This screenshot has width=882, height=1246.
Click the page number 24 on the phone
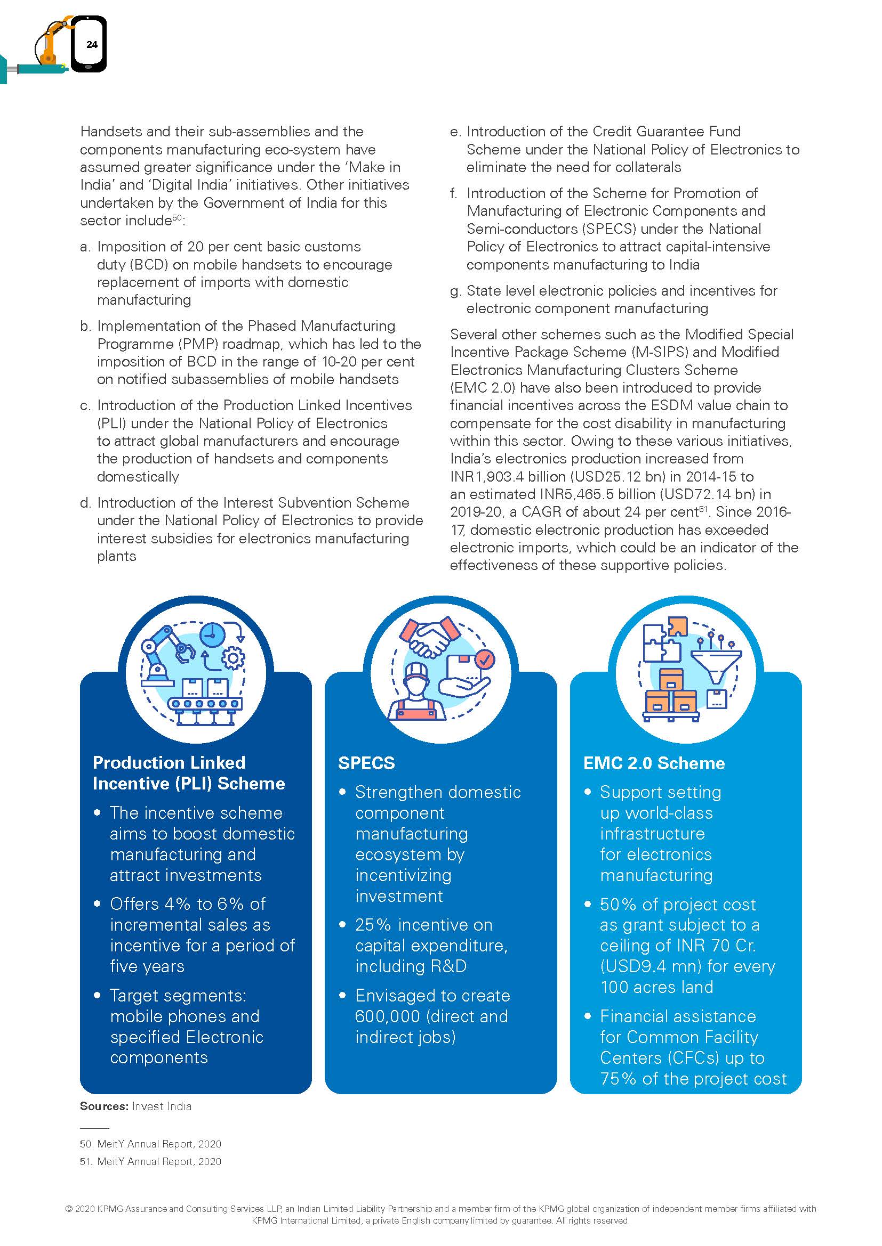tap(92, 45)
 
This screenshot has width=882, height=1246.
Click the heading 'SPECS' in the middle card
tap(366, 763)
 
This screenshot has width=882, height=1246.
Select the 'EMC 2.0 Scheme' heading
tap(653, 763)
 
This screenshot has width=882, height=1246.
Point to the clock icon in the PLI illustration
tap(212, 635)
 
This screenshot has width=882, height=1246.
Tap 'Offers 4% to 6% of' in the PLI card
tap(187, 903)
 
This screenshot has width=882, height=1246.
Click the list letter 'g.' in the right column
tap(455, 291)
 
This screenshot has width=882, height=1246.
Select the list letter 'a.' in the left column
tap(85, 247)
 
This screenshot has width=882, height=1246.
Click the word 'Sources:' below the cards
tap(104, 1106)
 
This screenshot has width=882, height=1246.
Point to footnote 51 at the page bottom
tap(150, 1161)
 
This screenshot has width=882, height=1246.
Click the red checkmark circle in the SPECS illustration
tap(485, 659)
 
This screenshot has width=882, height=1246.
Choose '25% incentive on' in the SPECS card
tap(423, 924)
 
